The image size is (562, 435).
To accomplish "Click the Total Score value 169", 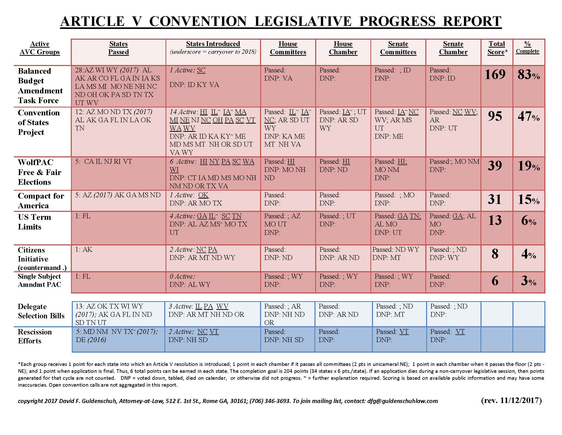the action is [495, 74].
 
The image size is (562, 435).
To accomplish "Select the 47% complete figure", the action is [529, 116].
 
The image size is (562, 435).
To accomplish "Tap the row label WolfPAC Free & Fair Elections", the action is [40, 172].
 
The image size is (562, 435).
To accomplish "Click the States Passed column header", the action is [118, 48].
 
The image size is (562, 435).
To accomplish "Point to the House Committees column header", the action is [288, 48].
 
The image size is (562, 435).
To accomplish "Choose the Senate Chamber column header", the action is [453, 48].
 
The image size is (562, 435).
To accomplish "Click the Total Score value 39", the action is [495, 166].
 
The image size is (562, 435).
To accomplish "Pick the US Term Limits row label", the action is [34, 222].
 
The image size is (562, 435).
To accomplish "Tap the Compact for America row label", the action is [41, 201].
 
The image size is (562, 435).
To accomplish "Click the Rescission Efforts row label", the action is [35, 336].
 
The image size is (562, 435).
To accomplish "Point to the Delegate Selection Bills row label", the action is [41, 311].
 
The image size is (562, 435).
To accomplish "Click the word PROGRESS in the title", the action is [397, 21].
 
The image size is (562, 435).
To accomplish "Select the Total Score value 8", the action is [495, 254].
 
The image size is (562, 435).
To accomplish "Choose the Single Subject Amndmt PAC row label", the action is [39, 280].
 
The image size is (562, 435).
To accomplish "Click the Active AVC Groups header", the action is [40, 48].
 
